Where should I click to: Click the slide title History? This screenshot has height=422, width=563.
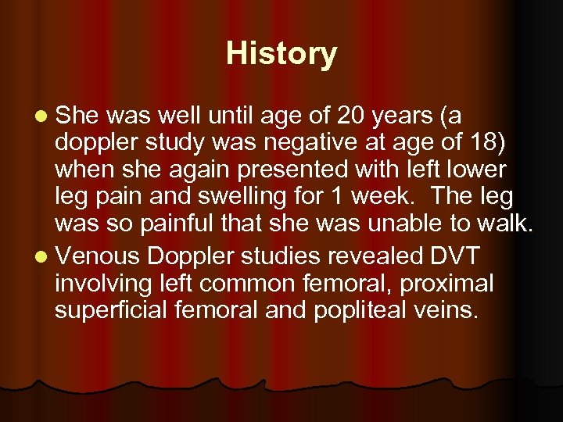click(x=281, y=54)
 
